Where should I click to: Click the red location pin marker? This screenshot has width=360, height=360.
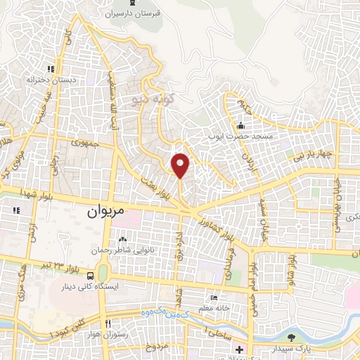coord(181,165)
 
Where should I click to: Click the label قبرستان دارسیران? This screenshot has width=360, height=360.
coord(133,13)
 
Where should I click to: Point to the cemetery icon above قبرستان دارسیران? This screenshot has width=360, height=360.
coord(133,2)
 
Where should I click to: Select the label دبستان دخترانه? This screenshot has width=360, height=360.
coord(50,79)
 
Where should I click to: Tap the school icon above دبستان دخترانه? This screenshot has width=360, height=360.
coord(50,69)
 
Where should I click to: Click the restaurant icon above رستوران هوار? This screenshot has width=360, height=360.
coord(107,323)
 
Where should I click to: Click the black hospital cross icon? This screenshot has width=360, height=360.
coord(240,349)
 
